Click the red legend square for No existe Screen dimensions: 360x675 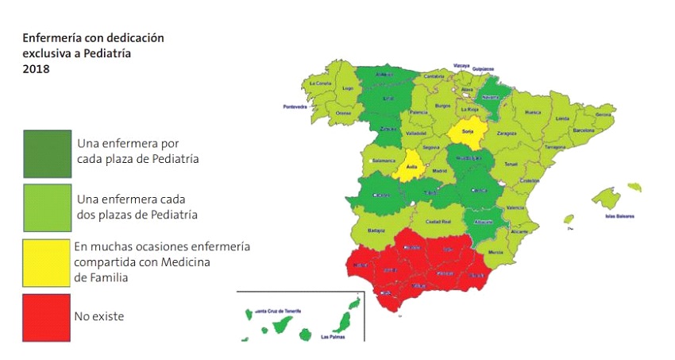pos(46,317)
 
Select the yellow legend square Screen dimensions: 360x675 pos(46,262)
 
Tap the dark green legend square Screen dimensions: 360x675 pos(46,153)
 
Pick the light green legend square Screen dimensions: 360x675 pos(46,208)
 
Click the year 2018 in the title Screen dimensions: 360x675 pos(35,69)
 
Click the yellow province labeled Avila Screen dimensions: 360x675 pos(411,168)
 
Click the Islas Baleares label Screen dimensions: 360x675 pos(621,216)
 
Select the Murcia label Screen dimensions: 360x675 pos(496,251)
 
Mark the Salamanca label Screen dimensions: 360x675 pos(383,161)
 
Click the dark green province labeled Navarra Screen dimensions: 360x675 pos(491,97)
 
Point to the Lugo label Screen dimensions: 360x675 pos(346,89)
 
